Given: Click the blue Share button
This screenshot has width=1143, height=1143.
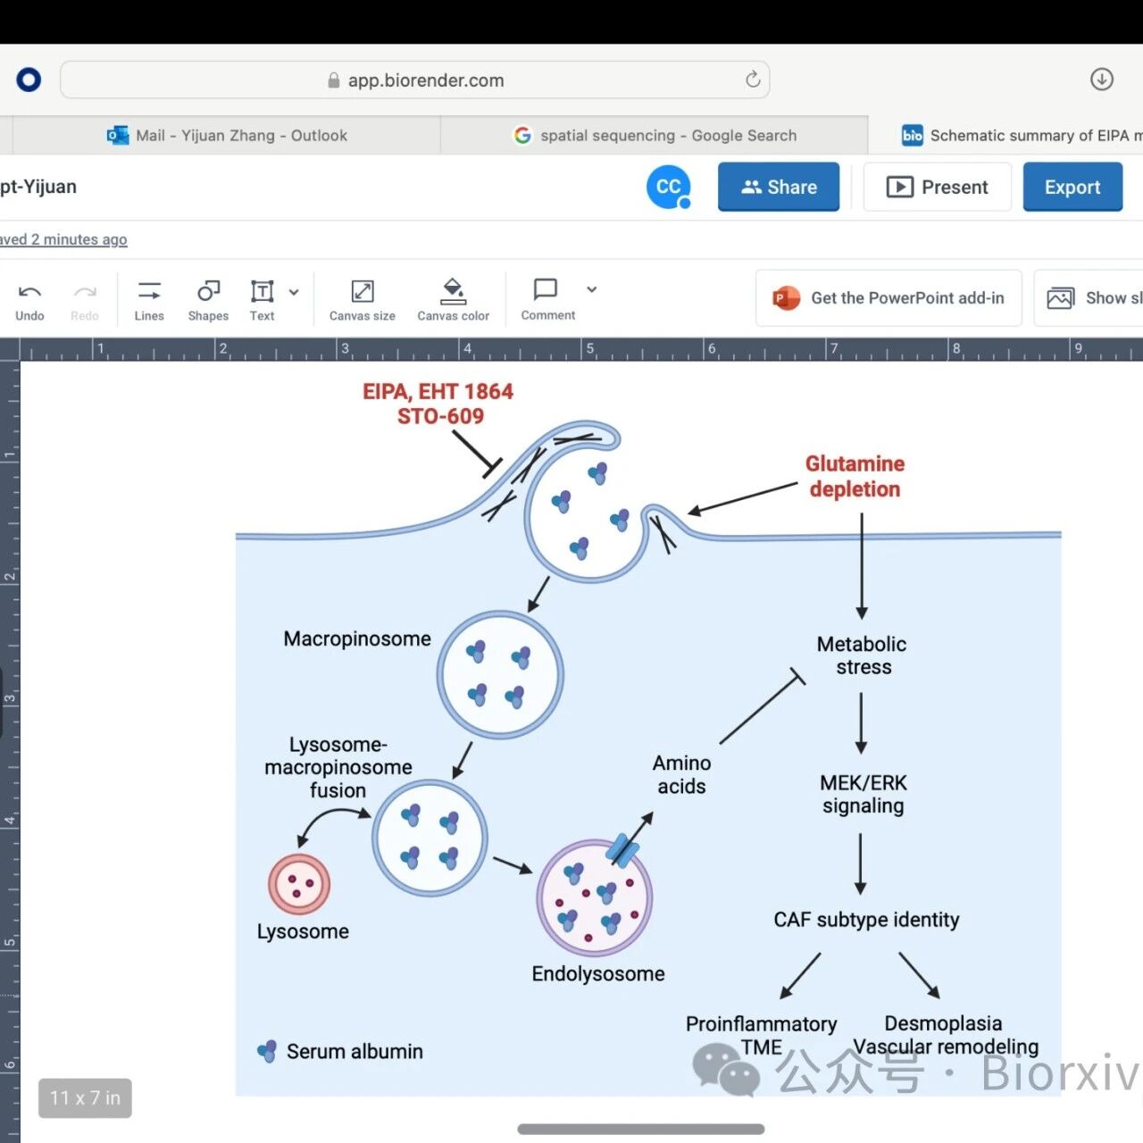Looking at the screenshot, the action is coord(778,187).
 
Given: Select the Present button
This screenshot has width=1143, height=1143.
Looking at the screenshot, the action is coord(938,187).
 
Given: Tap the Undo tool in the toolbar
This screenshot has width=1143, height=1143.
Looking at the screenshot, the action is coord(29,301).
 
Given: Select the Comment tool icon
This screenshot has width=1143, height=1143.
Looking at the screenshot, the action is coord(546,289).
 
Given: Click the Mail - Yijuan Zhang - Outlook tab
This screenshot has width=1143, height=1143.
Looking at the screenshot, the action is coord(227,135).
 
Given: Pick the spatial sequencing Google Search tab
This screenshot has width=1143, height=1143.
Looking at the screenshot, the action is coord(655,135).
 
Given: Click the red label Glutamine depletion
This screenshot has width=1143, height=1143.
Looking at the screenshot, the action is coord(855,476).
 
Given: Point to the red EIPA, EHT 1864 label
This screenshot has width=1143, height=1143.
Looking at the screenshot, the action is coord(438,391).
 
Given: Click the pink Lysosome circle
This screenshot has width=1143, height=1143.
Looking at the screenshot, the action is coord(299,884).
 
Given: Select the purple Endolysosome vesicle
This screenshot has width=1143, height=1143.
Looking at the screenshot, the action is coord(595,897).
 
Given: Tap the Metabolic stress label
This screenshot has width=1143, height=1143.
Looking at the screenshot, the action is coord(862,655).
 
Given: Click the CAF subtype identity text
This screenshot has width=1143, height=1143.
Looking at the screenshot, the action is coord(866,920).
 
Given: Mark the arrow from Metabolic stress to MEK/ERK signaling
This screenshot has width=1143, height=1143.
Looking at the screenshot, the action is coord(861,723).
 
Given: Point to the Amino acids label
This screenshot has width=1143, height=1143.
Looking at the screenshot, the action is coord(681,775).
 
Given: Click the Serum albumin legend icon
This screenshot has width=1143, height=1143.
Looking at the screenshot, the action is coord(267,1052).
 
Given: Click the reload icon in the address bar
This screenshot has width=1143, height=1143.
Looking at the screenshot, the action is coord(753,79).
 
